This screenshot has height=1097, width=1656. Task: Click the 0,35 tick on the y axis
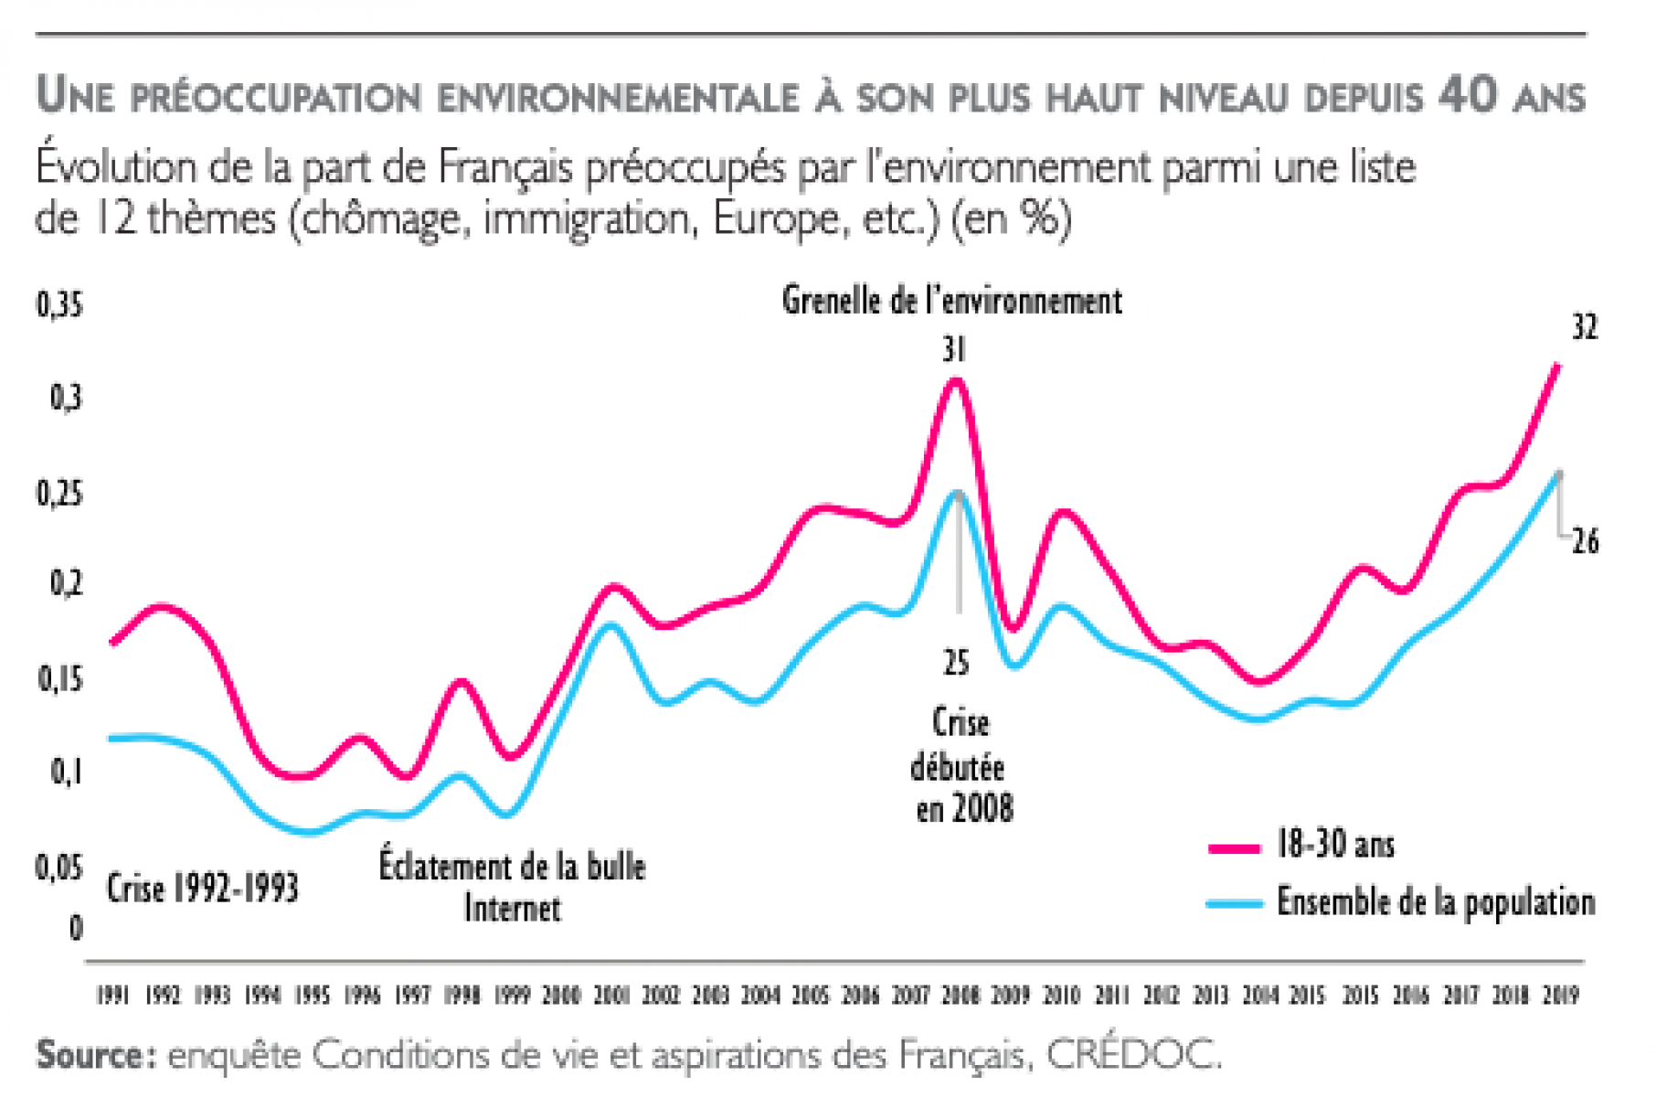[59, 305]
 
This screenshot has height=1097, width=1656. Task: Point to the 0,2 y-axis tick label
[66, 582]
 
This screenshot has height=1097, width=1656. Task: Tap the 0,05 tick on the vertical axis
[59, 867]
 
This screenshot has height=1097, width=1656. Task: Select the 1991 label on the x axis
[112, 995]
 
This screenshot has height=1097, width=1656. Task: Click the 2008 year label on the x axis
[961, 995]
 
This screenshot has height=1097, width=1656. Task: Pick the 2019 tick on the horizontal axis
[1560, 995]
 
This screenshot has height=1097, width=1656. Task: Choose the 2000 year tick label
[561, 995]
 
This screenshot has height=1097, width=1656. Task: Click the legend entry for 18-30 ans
[1335, 845]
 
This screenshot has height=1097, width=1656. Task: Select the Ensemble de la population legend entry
[1435, 902]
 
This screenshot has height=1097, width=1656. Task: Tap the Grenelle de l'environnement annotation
[951, 301]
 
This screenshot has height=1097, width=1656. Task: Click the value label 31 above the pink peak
[954, 349]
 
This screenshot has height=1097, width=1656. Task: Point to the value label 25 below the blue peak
[956, 662]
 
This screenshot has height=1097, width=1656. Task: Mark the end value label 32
[1585, 327]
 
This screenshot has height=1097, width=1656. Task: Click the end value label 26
[1586, 541]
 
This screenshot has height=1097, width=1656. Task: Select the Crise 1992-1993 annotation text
[202, 888]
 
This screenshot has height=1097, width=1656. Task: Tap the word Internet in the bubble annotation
[512, 908]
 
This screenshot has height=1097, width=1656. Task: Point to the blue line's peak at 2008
[958, 492]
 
